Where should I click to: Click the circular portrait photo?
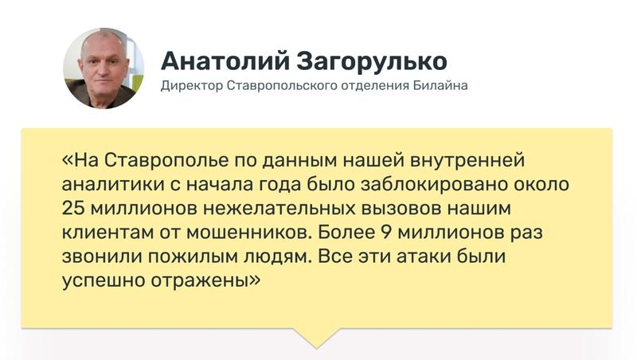(104, 68)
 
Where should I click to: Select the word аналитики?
(104, 184)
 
